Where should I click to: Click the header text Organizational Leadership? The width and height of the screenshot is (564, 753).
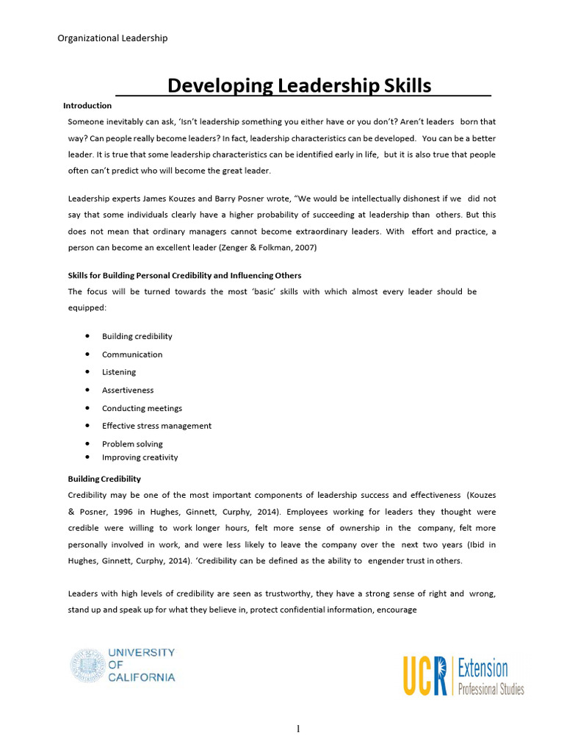(112, 38)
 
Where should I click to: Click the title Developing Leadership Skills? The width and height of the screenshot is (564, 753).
(300, 85)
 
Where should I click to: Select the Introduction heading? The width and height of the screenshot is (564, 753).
(87, 106)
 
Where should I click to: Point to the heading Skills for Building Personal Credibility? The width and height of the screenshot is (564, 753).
(184, 275)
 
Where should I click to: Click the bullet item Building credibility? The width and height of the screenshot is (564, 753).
(137, 336)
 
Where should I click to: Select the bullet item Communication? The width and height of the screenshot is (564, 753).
(132, 354)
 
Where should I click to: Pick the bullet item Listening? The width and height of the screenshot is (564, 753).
(119, 372)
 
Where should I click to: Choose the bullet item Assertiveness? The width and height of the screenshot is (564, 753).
(128, 390)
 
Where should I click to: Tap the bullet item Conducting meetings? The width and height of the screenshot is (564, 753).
(142, 408)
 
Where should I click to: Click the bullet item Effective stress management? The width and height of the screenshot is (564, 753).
(156, 426)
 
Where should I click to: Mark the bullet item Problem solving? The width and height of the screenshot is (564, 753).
(132, 444)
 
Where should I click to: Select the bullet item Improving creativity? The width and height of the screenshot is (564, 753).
(140, 457)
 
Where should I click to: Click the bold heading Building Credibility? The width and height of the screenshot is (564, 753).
(104, 479)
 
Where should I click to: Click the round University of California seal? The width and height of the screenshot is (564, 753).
(87, 665)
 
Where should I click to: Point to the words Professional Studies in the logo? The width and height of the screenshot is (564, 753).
(491, 690)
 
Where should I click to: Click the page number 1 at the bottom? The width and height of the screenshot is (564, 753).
(298, 729)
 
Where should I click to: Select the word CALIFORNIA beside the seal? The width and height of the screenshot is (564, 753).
(142, 677)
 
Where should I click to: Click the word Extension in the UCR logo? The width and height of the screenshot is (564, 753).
(482, 668)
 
